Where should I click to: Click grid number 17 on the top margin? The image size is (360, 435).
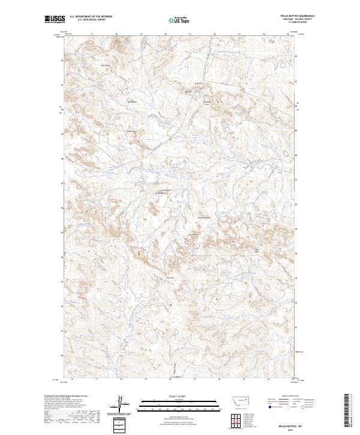pyautogui.click(x=91, y=34)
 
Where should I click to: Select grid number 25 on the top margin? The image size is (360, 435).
pyautogui.click(x=287, y=34)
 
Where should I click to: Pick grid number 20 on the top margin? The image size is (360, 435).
pyautogui.click(x=165, y=34)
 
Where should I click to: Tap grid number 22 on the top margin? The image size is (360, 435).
pyautogui.click(x=214, y=34)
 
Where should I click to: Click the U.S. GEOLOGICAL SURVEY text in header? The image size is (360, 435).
pyautogui.click(x=83, y=20)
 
